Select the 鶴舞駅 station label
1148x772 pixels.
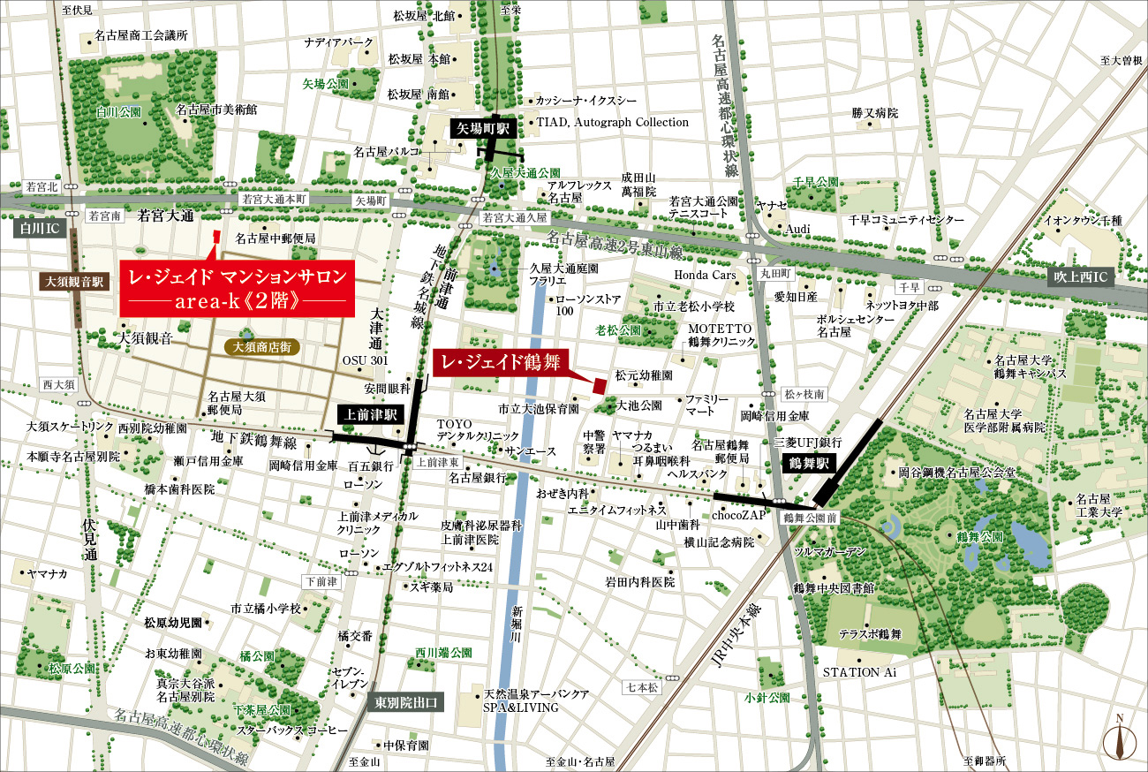807,461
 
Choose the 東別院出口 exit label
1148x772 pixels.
404,702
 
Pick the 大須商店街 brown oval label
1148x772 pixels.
263,348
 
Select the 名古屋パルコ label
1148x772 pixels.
386,151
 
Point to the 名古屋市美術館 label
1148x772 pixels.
216,110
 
